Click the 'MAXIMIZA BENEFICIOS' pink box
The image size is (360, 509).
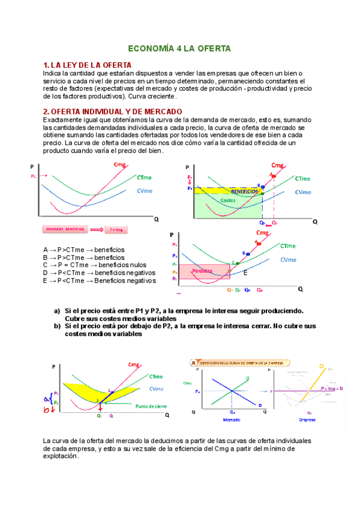tap(64, 229)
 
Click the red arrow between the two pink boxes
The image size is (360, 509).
tap(95, 229)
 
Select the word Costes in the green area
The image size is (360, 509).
tap(228, 200)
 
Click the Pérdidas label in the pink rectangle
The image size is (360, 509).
tap(202, 271)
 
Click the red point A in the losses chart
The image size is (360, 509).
tap(258, 242)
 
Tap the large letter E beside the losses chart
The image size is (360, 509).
tap(245, 273)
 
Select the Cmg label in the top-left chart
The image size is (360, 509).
tap(119, 165)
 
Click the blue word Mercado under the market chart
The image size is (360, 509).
tap(232, 420)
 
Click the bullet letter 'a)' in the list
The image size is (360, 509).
tap(57, 311)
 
